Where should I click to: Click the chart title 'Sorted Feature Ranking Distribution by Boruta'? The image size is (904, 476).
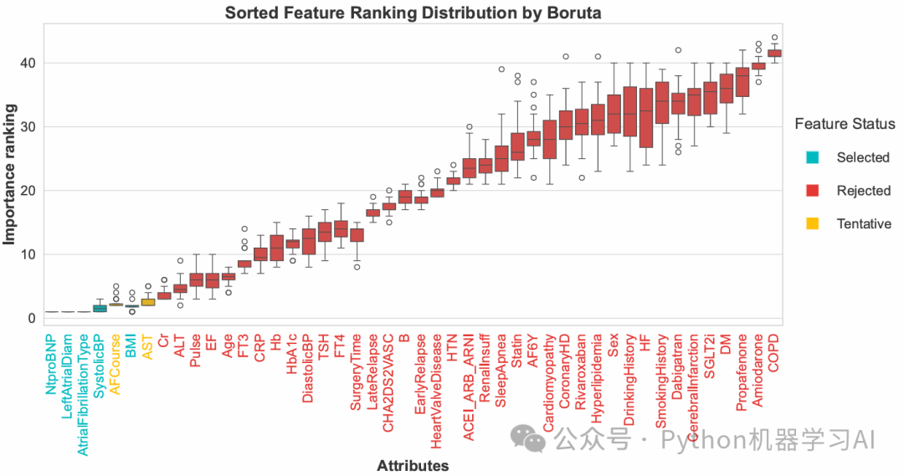[x=413, y=13]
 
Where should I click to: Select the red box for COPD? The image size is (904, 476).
[x=774, y=53]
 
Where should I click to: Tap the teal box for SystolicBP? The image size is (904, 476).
[x=100, y=309]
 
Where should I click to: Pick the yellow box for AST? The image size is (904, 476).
[x=148, y=302]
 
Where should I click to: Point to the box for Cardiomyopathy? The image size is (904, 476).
[x=549, y=140]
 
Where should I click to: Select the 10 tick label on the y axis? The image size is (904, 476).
[x=27, y=254]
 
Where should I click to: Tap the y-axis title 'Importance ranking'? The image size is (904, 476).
[x=9, y=174]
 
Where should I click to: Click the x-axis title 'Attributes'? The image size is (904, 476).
[x=413, y=466]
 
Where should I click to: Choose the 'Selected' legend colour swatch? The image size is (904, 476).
[x=812, y=157]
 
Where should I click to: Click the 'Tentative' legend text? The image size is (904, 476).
[x=864, y=223]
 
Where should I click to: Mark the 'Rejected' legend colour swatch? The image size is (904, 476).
[x=812, y=191]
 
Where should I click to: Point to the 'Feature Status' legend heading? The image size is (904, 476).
[x=845, y=124]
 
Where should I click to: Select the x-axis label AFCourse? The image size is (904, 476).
[x=116, y=365]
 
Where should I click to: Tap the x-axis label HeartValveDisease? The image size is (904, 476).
[x=436, y=392]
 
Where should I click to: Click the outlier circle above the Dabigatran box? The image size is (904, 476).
[x=678, y=50]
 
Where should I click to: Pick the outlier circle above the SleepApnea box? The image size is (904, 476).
[x=501, y=69]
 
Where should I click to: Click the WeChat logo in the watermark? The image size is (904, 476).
[x=527, y=439]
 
